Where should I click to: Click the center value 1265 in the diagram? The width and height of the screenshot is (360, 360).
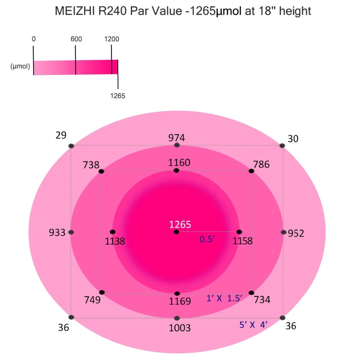[180, 224]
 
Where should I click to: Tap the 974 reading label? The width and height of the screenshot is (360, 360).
[176, 138]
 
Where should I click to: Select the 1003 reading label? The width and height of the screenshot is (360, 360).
[180, 328]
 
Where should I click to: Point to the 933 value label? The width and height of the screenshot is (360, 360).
[57, 233]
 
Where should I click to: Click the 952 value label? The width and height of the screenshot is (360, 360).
[296, 234]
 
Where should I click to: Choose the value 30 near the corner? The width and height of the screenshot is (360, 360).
[293, 139]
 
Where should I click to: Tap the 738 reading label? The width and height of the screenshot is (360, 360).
[91, 165]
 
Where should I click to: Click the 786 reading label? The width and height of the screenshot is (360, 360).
[261, 165]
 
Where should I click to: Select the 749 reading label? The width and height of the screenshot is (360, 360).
[92, 300]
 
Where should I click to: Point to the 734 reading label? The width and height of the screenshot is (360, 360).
[262, 300]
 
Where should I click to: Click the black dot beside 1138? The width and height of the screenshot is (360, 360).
[112, 232]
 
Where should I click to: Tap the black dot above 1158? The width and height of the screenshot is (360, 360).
[239, 232]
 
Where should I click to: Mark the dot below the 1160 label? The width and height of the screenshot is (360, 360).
[176, 170]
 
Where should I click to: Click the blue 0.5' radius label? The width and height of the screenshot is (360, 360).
[207, 239]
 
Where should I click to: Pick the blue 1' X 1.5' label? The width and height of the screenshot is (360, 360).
[224, 298]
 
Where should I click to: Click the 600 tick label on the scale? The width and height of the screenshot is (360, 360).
[76, 39]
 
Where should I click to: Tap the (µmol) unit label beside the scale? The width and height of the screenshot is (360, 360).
[20, 67]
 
